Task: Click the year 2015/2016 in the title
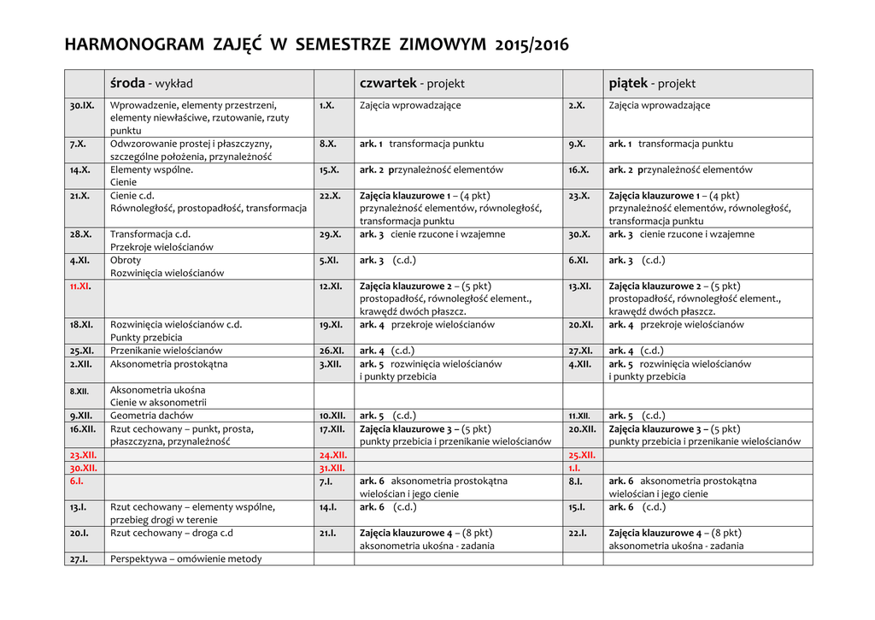click(531, 44)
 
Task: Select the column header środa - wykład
click(151, 84)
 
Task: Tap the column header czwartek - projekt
click(412, 84)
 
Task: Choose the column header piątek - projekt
click(652, 84)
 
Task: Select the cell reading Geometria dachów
click(152, 416)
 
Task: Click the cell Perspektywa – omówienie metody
click(186, 558)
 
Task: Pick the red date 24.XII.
click(332, 455)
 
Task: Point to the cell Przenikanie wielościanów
click(167, 351)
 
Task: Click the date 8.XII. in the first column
click(79, 391)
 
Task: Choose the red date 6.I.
click(77, 481)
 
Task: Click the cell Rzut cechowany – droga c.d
click(172, 533)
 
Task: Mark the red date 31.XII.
click(332, 468)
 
